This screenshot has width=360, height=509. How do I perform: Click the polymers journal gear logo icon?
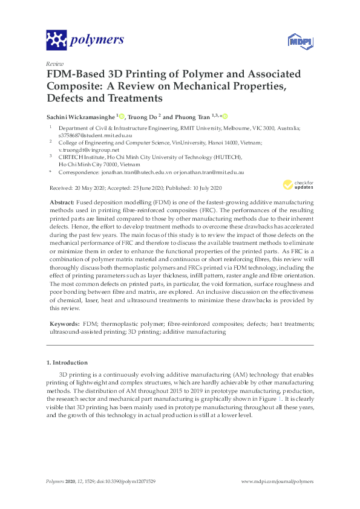(x=56, y=41)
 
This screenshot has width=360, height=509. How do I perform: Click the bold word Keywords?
(x=64, y=324)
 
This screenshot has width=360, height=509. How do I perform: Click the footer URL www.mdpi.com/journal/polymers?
(x=277, y=481)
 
